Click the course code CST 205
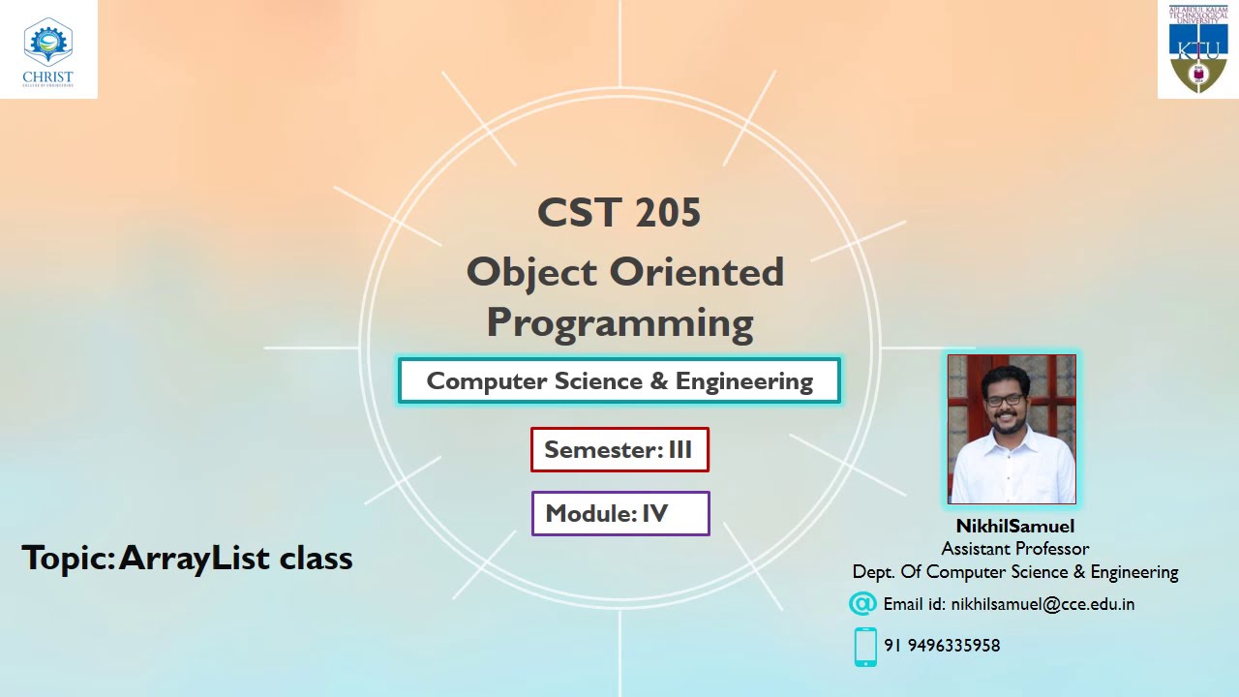tap(619, 213)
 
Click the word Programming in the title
tap(619, 322)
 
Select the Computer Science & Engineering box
tap(619, 381)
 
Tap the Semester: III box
tap(619, 450)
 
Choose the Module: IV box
tap(619, 514)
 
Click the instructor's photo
tap(1012, 429)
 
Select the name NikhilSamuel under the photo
tap(1014, 527)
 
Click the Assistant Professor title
tap(1014, 549)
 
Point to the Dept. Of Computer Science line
tap(1014, 572)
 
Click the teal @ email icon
tap(861, 604)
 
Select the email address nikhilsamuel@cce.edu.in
tap(1043, 604)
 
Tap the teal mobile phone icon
tap(865, 647)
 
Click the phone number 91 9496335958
tap(942, 646)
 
